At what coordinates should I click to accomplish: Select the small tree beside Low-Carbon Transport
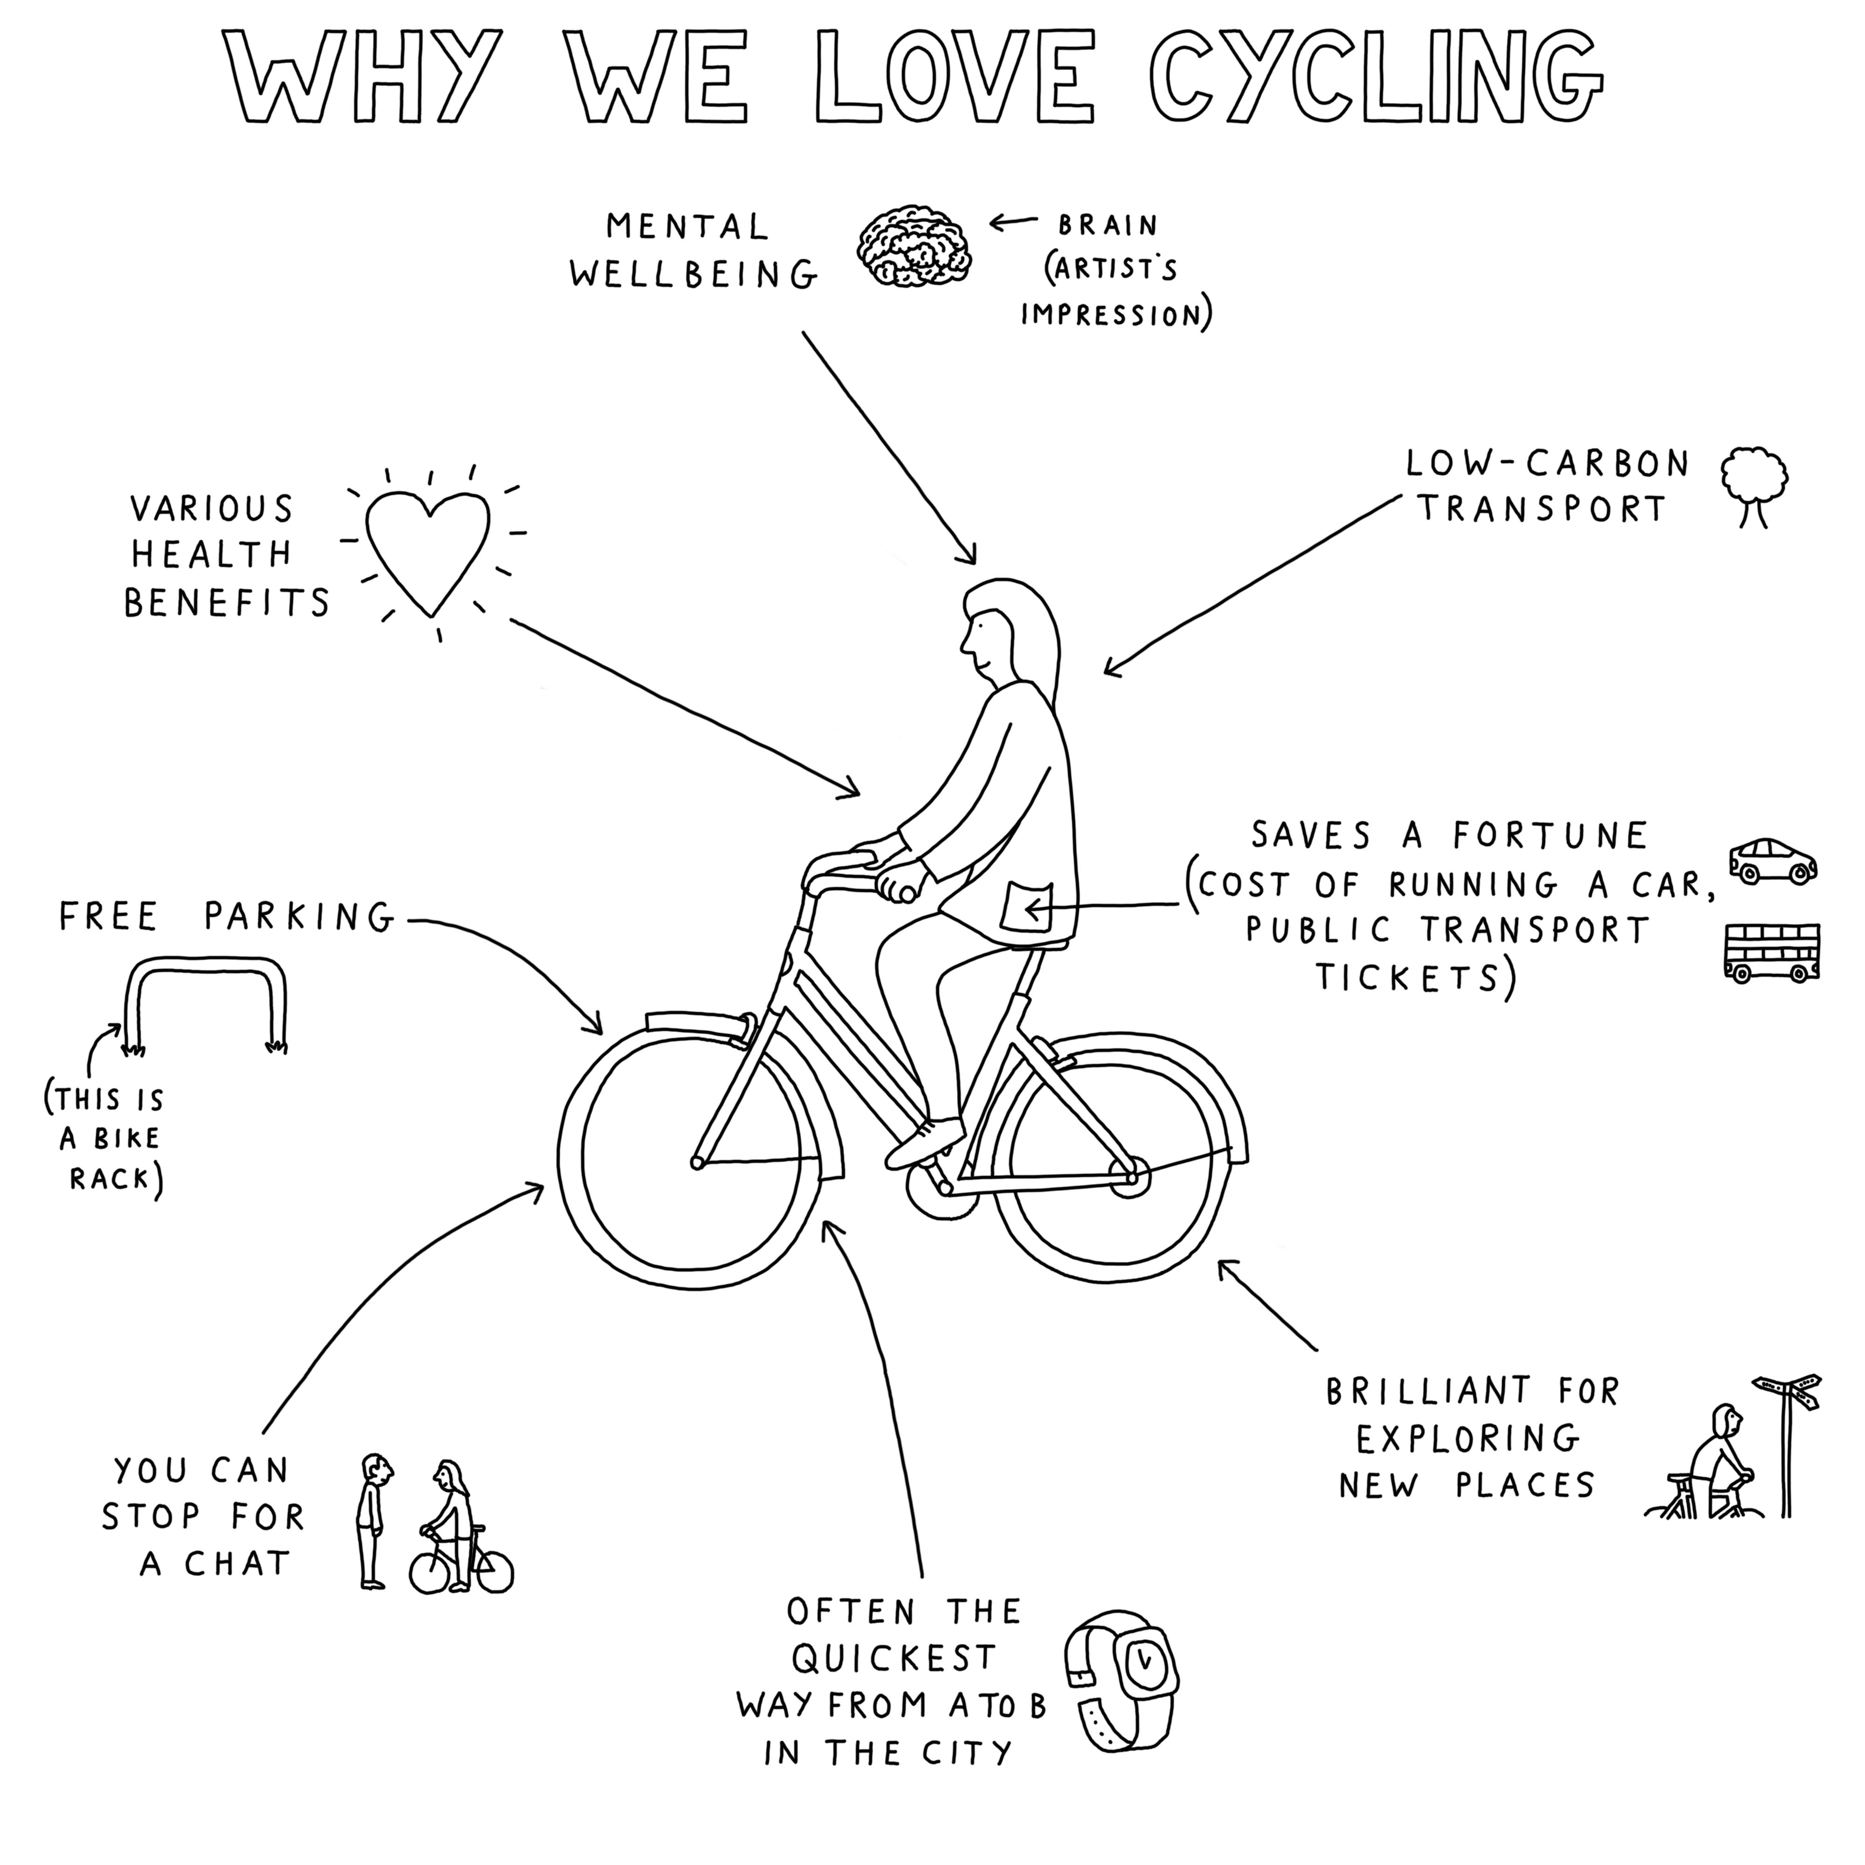click(1754, 486)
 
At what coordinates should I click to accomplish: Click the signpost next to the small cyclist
click(1788, 1443)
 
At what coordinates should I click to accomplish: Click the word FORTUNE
click(1550, 835)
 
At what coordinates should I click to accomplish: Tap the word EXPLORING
click(1467, 1439)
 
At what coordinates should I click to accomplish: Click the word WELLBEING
click(693, 275)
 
